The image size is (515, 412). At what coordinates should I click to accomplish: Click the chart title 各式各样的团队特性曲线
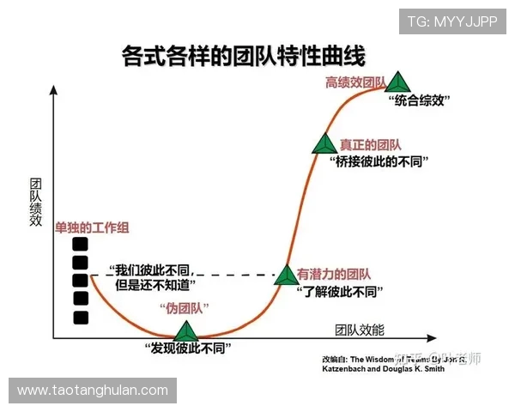coord(244,57)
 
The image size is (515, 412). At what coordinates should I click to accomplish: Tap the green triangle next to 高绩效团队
coord(397,82)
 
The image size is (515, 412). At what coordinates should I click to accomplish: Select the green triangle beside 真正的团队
coord(324,144)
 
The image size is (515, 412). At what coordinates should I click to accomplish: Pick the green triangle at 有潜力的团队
coord(286,275)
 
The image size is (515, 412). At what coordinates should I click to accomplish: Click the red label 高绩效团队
coord(354,82)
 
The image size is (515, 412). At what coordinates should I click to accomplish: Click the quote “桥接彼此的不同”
coord(379,161)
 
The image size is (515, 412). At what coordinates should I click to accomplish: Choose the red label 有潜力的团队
coord(334,275)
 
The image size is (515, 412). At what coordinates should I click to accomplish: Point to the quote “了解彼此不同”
coord(338,291)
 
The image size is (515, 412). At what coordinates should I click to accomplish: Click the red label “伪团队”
coord(185,308)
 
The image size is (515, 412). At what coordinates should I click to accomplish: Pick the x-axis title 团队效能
coord(360,330)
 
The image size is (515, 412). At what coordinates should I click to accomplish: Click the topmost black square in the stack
coord(81,243)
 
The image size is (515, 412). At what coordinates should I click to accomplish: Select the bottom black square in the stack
coord(81,318)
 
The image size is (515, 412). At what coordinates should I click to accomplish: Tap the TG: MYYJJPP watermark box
coord(451,21)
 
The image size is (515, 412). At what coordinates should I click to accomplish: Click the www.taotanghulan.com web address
coord(93,390)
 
